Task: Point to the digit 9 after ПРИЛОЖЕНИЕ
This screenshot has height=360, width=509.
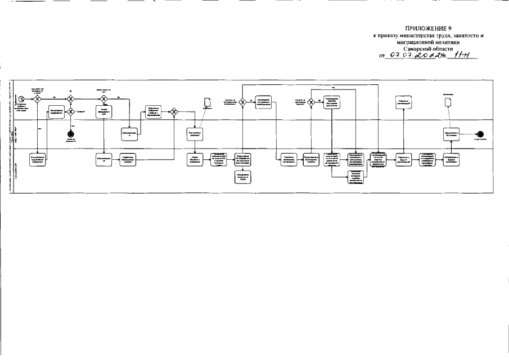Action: point(451,28)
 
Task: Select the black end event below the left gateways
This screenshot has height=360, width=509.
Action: point(70,133)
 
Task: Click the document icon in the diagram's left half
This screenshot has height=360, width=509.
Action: point(206,101)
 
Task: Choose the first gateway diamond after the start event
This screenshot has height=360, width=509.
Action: point(37,98)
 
